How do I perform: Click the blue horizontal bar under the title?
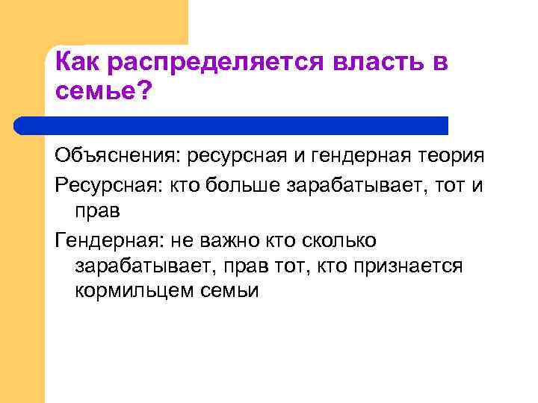coord(247,125)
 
